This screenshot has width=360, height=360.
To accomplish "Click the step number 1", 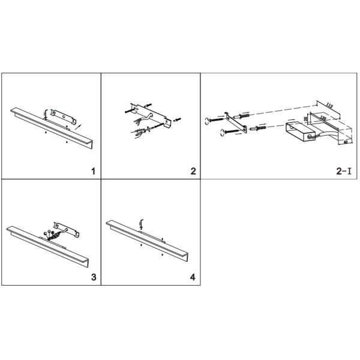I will point(92,172).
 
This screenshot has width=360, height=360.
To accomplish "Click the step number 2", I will point(193,172).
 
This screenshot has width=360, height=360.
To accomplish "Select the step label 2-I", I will point(343,172).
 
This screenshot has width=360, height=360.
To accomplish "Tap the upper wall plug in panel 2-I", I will point(244,115).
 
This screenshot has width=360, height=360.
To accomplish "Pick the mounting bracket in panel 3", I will point(67,228).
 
